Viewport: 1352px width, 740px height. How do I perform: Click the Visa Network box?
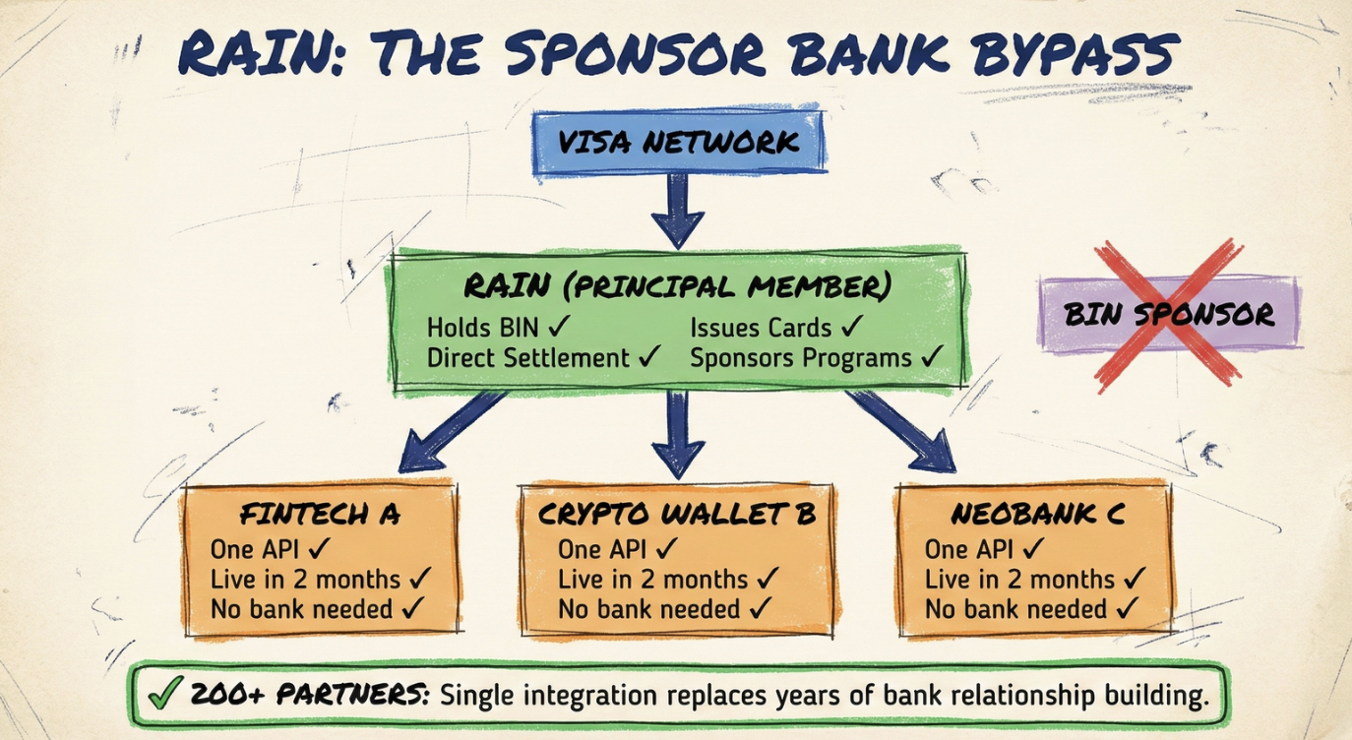(x=679, y=143)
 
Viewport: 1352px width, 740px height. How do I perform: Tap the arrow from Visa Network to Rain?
(x=678, y=210)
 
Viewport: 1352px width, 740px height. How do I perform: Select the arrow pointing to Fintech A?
(x=447, y=430)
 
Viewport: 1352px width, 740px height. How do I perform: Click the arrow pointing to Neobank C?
(x=904, y=430)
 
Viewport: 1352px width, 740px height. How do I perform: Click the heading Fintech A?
(x=320, y=515)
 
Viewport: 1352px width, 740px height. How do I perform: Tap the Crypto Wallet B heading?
(x=677, y=515)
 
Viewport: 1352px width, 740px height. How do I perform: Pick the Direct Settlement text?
(x=527, y=358)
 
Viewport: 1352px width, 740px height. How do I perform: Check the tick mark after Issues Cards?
(x=852, y=327)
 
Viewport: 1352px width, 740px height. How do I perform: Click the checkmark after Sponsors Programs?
(x=931, y=357)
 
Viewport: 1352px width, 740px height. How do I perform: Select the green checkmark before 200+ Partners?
(x=160, y=696)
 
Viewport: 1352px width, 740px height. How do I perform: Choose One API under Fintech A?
(x=256, y=549)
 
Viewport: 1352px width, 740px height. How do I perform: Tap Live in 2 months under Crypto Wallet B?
(x=653, y=580)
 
